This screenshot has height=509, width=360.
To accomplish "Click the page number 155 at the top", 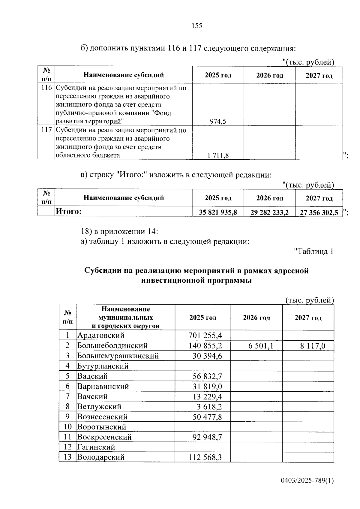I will [x=197, y=26].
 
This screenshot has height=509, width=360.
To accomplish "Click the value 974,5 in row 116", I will [x=218, y=121].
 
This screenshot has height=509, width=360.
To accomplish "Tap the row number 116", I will [x=46, y=88].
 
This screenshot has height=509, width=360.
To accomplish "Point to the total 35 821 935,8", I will [x=218, y=212].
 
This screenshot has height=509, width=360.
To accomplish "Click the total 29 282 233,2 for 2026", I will [x=270, y=212].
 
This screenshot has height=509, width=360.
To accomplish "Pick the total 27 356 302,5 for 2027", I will [x=319, y=212].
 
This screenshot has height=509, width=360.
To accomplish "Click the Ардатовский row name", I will [x=101, y=335].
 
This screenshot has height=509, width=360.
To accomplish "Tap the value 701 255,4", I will [x=205, y=335].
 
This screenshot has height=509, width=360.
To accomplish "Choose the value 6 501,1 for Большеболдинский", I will [x=261, y=346].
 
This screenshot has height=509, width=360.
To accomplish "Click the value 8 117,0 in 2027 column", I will [x=313, y=346].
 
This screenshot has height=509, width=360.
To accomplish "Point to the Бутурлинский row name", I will [x=103, y=366].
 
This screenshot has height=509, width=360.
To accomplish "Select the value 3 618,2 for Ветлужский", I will [x=209, y=407].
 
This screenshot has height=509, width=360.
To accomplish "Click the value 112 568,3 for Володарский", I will [x=205, y=457].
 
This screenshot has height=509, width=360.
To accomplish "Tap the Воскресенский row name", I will [x=104, y=437].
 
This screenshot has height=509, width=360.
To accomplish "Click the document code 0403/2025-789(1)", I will [x=307, y=481].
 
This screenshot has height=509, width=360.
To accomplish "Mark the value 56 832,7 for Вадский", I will [x=207, y=376].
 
